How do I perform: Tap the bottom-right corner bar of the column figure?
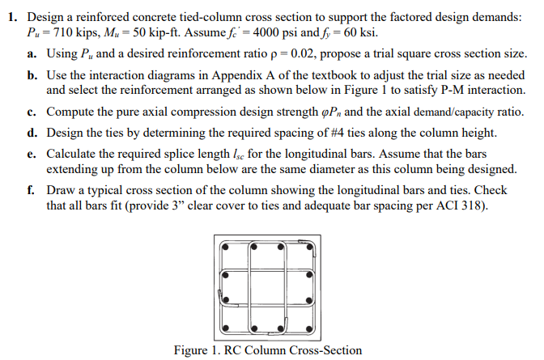coord(311,328)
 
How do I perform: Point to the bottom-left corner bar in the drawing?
coord(226,328)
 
